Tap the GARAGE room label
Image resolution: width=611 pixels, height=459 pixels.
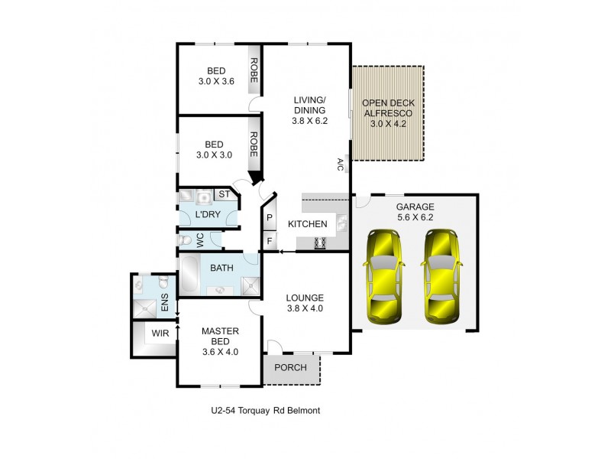(415, 207)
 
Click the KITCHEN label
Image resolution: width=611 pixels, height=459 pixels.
(307, 224)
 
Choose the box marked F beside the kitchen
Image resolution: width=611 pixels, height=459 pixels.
(270, 241)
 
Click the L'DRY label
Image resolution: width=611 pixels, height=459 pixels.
(207, 215)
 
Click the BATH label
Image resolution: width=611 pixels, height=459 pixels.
(221, 268)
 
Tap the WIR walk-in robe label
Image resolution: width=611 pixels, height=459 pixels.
(160, 333)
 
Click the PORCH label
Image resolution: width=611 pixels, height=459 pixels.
(290, 367)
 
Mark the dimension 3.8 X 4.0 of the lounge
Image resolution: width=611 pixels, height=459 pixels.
(305, 309)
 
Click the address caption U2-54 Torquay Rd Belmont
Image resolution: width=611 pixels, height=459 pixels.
(265, 411)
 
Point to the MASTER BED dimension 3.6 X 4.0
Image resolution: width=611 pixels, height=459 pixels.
(220, 352)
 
